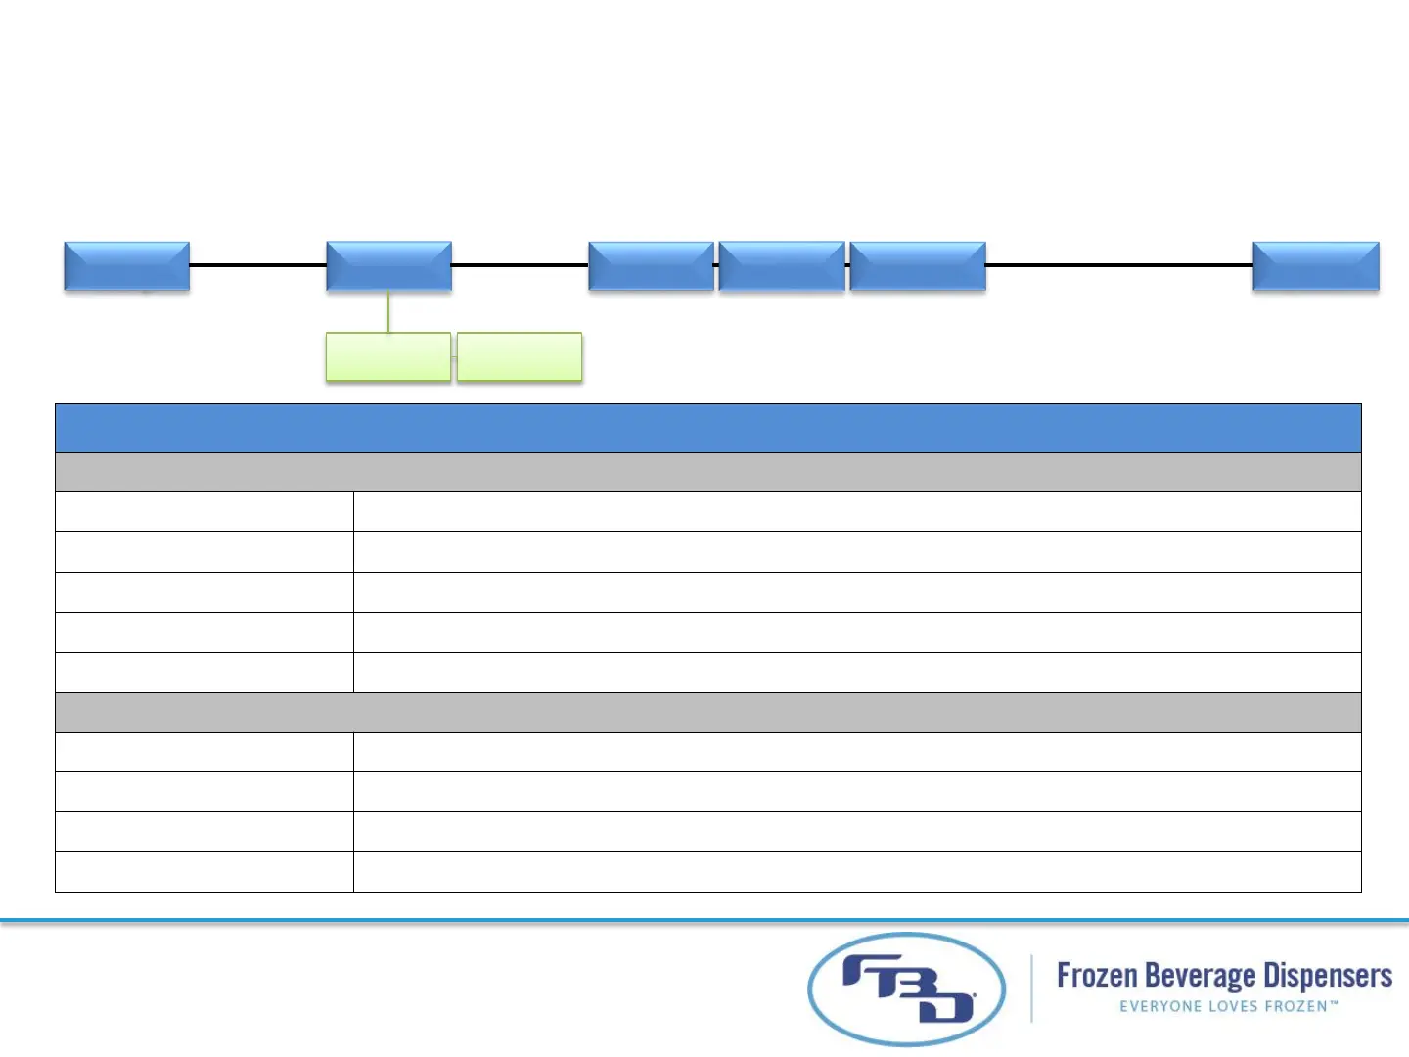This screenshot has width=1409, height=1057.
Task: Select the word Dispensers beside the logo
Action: click(1328, 977)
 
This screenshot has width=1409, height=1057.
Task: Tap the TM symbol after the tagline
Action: click(1334, 1003)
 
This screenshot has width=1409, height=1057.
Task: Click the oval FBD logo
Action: click(906, 988)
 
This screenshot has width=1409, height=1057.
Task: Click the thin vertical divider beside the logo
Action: click(1031, 988)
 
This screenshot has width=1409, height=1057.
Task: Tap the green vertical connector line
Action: click(388, 312)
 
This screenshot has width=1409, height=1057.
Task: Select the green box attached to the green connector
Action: click(388, 357)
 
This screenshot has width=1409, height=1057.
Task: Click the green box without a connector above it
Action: click(520, 357)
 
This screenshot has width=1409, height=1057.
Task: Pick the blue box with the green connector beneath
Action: click(388, 266)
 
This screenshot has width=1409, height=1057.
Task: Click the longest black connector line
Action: click(1119, 265)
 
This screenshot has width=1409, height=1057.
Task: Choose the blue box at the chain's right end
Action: click(1316, 266)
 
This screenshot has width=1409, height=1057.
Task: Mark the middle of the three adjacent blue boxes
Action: click(782, 266)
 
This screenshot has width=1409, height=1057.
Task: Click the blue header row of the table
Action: click(707, 428)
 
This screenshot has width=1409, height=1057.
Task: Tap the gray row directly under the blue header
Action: click(707, 472)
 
